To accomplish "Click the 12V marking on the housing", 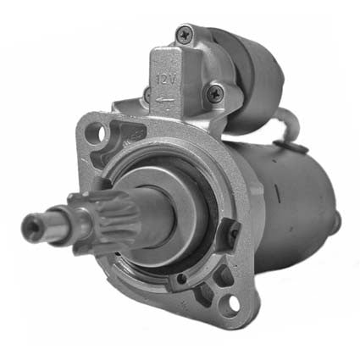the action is (166, 80).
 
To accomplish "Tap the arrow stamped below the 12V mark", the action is (165, 100).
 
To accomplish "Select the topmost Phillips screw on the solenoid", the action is (185, 34).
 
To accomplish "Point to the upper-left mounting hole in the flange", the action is (100, 132).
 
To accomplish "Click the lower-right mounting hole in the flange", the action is (232, 303).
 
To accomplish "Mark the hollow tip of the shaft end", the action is (31, 227).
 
